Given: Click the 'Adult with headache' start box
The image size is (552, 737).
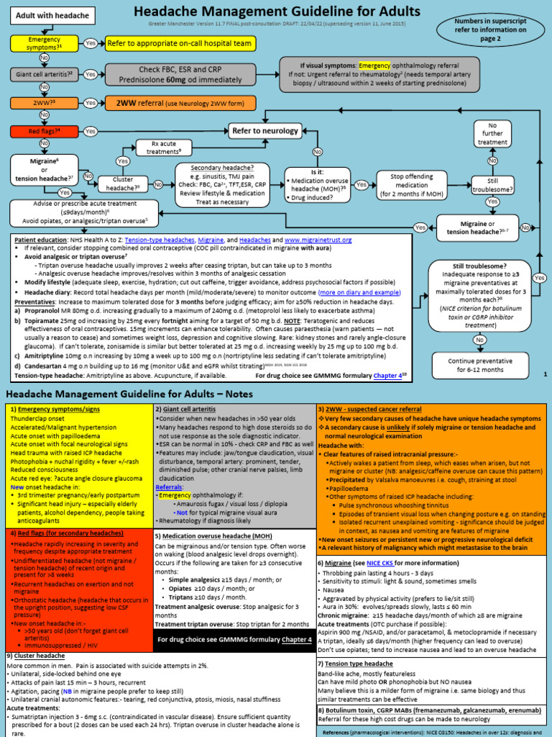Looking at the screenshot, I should click(x=52, y=16).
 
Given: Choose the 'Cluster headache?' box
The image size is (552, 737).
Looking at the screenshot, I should click(x=123, y=184).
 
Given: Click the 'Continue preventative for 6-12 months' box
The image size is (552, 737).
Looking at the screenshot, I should click(x=475, y=365).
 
